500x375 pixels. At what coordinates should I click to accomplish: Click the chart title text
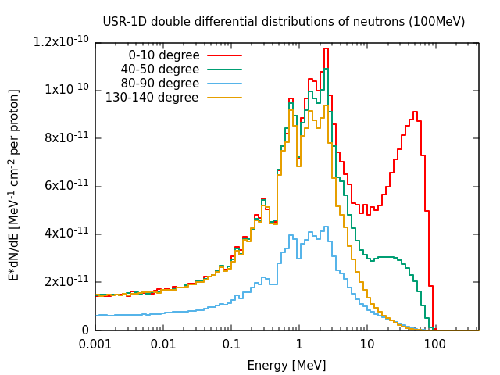coord(284,22)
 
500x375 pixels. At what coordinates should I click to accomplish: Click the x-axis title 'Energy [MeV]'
coord(287,365)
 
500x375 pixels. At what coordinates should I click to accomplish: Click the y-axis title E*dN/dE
coord(13,185)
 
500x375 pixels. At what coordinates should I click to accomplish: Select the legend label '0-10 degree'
coord(164,55)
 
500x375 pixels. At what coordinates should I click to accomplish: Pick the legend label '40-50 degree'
coord(159,70)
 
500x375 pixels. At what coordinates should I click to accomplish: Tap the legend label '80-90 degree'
coord(159,84)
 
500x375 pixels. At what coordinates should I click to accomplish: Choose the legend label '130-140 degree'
coord(152,97)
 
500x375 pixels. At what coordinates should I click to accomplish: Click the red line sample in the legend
coord(224,55)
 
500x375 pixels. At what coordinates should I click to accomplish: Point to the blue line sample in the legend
coord(224,84)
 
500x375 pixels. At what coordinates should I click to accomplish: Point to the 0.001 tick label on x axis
coord(95,345)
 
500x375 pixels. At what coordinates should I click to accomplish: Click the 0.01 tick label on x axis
coord(163,345)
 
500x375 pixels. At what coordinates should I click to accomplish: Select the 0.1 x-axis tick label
coord(231,345)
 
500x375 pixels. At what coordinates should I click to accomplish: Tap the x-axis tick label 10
coord(367,345)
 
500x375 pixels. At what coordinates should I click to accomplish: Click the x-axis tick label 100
coord(435,345)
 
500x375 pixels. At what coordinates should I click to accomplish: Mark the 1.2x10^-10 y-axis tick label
coord(61,41)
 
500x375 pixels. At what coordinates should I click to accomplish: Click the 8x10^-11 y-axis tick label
coord(66,137)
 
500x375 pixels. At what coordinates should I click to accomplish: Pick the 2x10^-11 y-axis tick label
coord(66,281)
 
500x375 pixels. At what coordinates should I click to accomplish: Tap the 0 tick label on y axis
coord(85,330)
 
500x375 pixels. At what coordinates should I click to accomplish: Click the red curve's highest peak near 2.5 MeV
coord(326,48)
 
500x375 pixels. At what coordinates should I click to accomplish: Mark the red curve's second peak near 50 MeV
coord(415,112)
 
